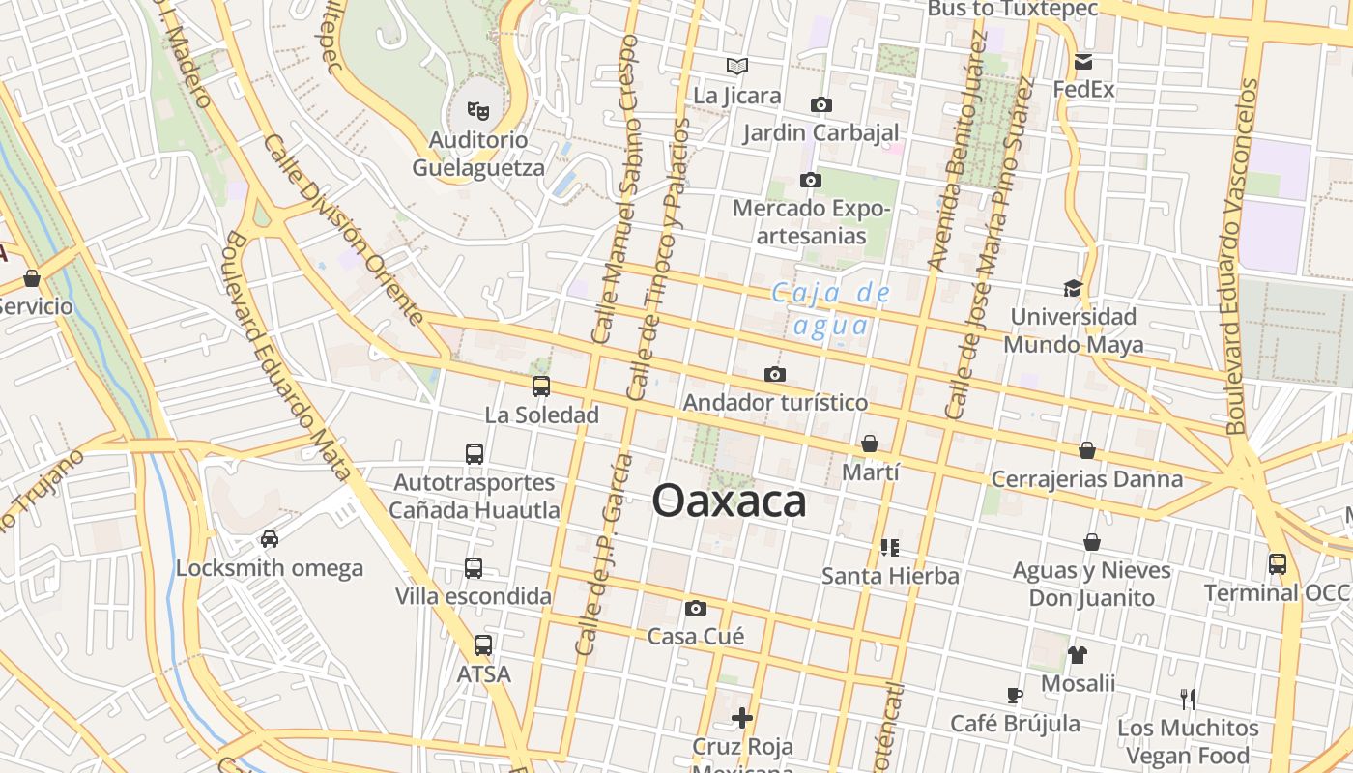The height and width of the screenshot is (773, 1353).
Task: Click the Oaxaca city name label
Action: [729, 501]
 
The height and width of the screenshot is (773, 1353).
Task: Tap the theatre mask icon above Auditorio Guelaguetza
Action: [477, 111]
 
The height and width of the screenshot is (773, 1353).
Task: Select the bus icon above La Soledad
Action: [541, 386]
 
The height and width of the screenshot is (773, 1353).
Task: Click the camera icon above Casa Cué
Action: [695, 608]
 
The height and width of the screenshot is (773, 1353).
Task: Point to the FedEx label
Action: [1083, 90]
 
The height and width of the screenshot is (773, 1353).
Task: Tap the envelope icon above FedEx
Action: [1083, 62]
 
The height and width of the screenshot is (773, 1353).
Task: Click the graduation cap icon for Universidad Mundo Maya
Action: [1073, 288]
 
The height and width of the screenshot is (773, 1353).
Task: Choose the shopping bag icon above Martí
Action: [870, 444]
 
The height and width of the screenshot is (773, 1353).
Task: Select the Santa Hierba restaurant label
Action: [890, 576]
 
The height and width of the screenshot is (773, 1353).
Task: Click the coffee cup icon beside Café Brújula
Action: [1014, 695]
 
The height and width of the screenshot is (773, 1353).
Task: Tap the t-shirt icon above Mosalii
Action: [1078, 655]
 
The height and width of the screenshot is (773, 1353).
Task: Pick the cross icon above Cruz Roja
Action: [742, 718]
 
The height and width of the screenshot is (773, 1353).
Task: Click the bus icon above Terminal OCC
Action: [1277, 563]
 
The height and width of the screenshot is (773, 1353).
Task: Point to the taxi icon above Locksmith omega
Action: [269, 539]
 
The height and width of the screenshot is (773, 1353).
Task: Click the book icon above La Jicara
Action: [737, 67]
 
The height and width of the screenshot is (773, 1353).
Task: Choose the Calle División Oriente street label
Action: [343, 230]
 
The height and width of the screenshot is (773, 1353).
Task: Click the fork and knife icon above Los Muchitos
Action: [1188, 699]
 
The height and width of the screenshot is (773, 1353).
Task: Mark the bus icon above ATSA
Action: [482, 645]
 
